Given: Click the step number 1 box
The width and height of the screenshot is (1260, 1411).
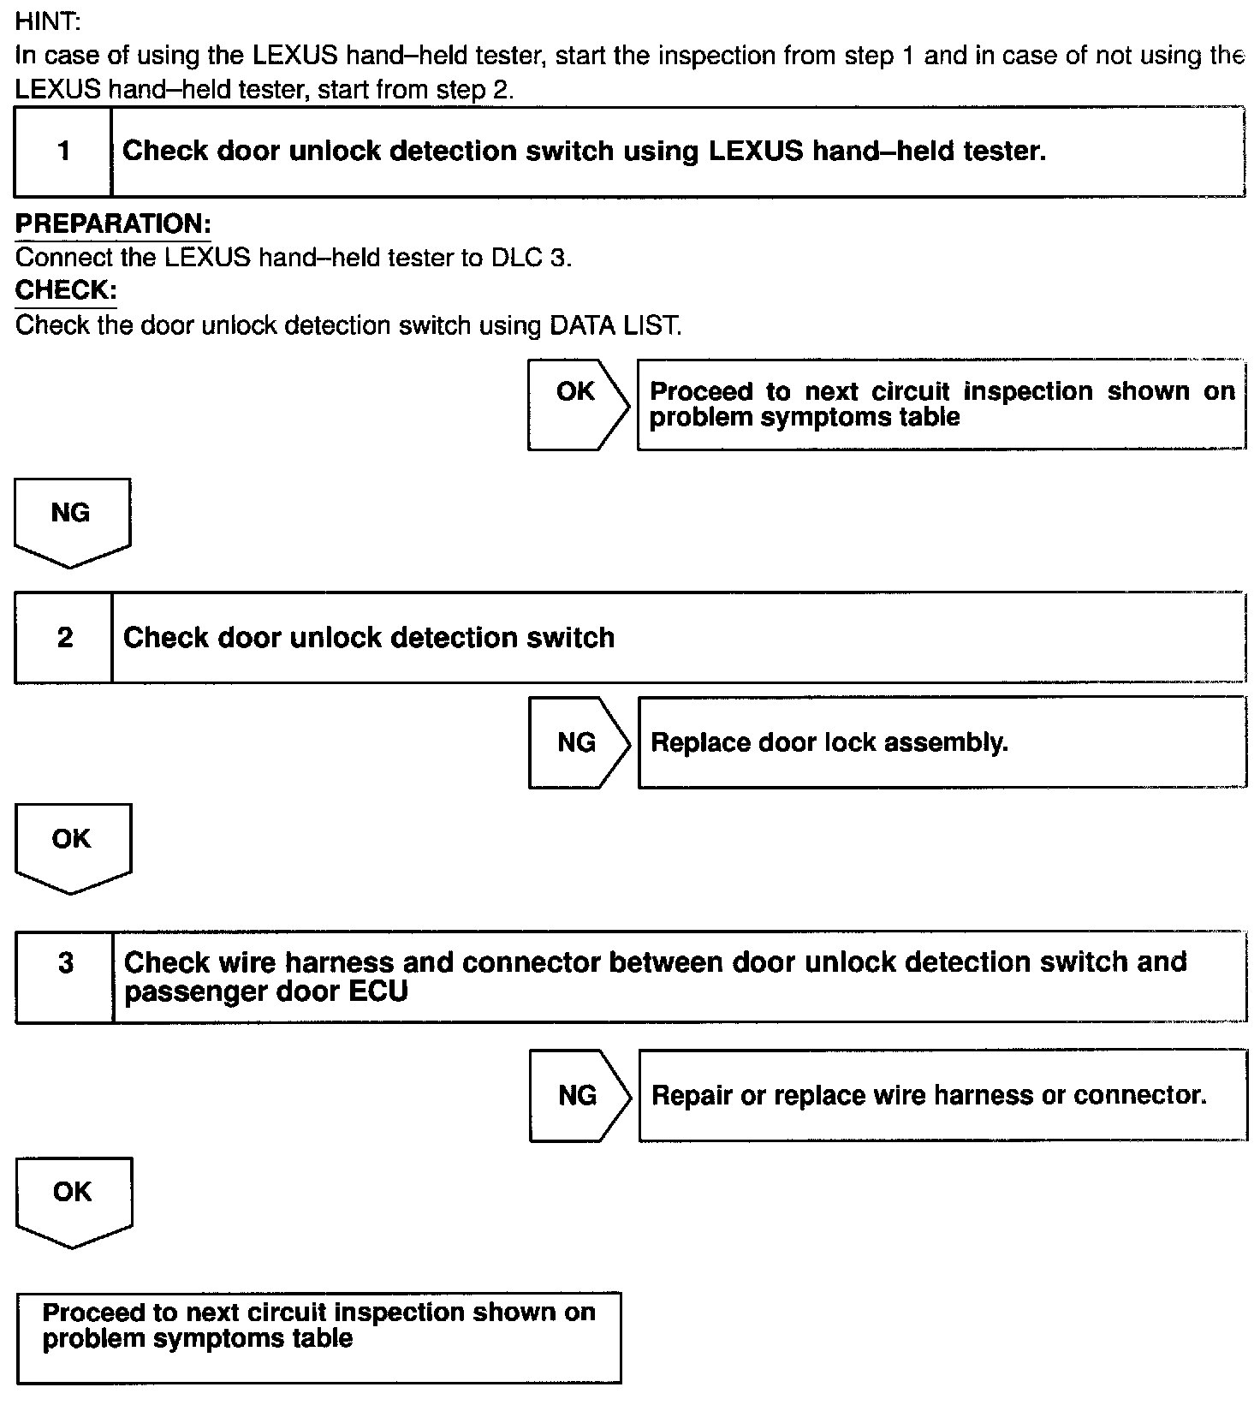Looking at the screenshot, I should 63,152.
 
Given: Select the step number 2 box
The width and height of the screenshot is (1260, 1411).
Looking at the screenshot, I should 64,638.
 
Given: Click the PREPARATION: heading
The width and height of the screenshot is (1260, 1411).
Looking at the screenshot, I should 113,224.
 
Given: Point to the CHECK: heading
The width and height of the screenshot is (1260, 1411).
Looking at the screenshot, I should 66,290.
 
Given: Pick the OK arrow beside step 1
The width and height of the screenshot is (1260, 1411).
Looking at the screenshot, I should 576,404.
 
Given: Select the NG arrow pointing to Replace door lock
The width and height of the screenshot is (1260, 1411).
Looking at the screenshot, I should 577,742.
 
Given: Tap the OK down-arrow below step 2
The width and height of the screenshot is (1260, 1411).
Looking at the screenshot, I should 73,846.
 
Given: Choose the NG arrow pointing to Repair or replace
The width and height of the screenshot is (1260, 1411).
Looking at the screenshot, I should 578,1095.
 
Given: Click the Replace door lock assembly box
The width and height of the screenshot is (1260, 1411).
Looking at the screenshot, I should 942,742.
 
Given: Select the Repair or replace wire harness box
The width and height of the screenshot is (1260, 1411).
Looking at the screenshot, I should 942,1095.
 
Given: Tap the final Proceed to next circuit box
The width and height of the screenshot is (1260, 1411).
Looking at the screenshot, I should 318,1337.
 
